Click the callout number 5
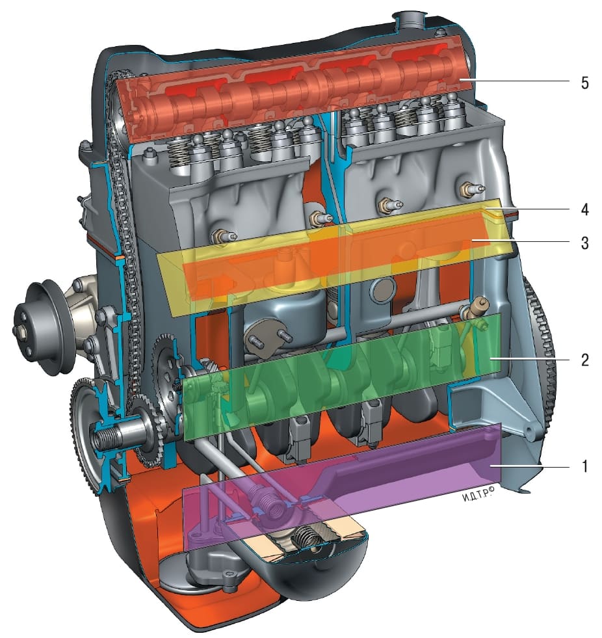(584, 83)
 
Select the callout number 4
(584, 209)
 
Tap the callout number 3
(584, 243)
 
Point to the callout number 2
(584, 360)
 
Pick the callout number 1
(585, 466)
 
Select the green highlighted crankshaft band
(342, 377)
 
